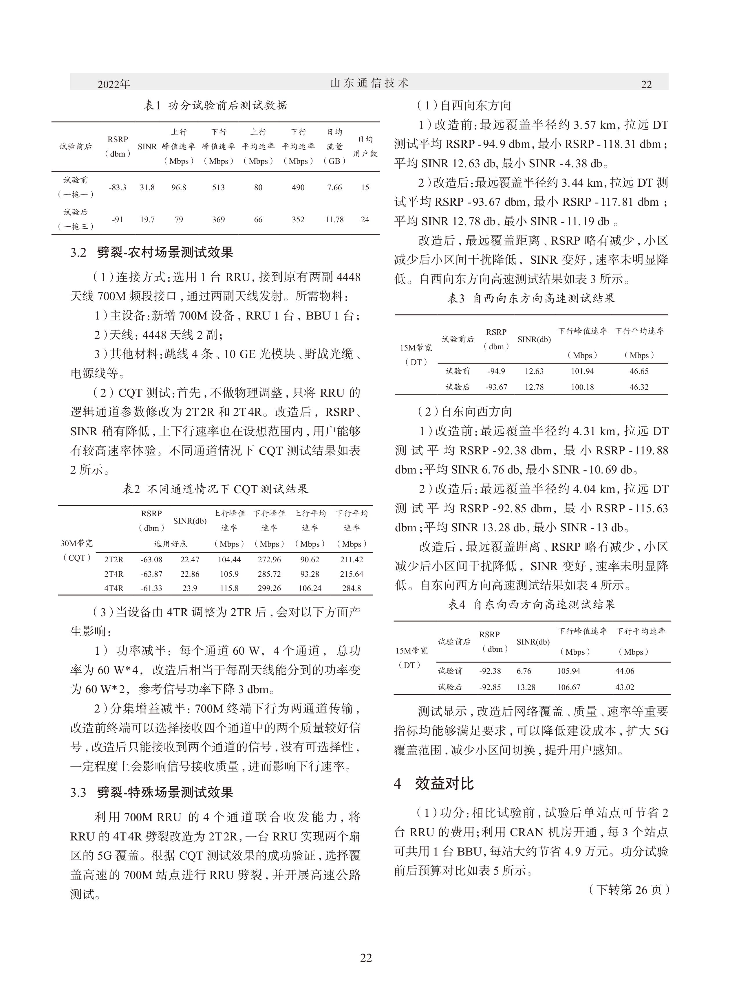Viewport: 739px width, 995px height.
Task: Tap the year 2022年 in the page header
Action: point(114,84)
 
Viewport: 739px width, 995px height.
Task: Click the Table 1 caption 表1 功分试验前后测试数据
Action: point(215,105)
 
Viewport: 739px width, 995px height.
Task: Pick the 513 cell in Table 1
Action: point(218,187)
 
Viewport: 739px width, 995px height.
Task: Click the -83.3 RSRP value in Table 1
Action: point(118,187)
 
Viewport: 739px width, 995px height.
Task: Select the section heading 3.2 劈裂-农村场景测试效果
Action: point(152,253)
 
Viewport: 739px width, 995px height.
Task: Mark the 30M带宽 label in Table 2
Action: point(76,544)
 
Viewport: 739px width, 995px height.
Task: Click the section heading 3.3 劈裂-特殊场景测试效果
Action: point(152,792)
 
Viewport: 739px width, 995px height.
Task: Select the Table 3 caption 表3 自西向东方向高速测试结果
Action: point(531,299)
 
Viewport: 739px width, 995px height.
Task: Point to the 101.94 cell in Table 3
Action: point(582,371)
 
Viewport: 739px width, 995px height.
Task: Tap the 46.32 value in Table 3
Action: point(639,387)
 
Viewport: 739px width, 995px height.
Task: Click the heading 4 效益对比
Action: point(433,783)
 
